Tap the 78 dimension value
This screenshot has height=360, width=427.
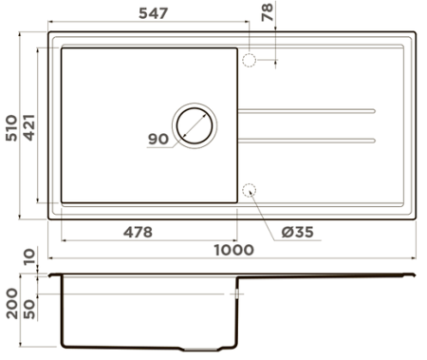267,12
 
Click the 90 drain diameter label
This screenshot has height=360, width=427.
158,140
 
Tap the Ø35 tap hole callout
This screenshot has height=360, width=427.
298,232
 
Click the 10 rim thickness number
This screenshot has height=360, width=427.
28,256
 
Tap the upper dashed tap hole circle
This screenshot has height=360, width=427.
251,60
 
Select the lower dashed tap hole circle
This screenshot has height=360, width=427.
251,190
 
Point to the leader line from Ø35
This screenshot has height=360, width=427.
270,211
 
